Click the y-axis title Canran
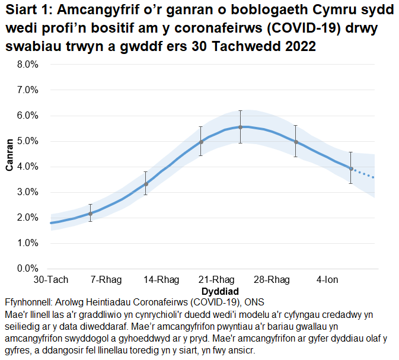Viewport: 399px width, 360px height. click(x=9, y=155)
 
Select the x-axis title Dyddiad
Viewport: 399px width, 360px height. click(x=220, y=291)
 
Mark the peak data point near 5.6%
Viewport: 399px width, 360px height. click(x=240, y=127)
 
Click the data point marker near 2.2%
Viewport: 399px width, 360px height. click(x=90, y=214)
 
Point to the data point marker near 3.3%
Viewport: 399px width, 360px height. click(x=146, y=184)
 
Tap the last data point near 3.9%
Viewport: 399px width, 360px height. click(x=351, y=168)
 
